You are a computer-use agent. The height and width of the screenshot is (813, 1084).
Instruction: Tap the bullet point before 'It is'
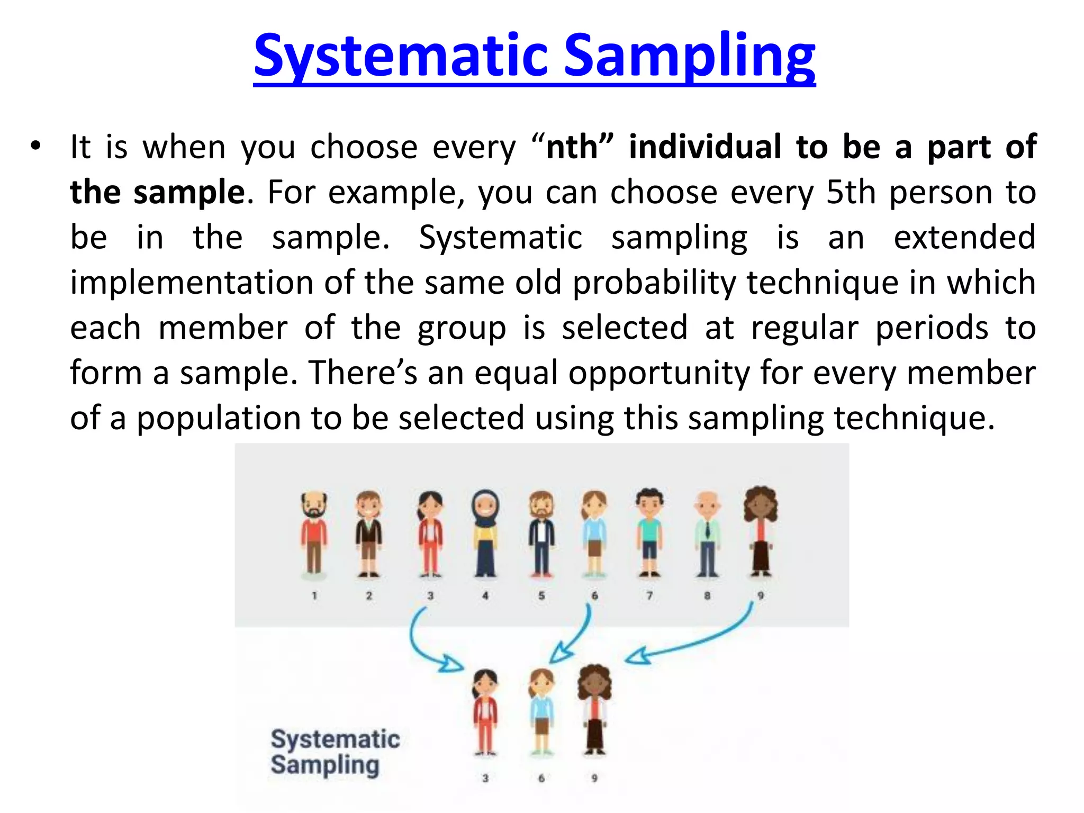click(x=35, y=146)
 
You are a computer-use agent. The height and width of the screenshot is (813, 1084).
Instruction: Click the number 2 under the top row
click(x=369, y=595)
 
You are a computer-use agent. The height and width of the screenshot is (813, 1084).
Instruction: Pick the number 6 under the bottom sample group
click(x=541, y=778)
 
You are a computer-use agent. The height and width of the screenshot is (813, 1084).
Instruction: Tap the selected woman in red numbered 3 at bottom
click(x=485, y=712)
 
